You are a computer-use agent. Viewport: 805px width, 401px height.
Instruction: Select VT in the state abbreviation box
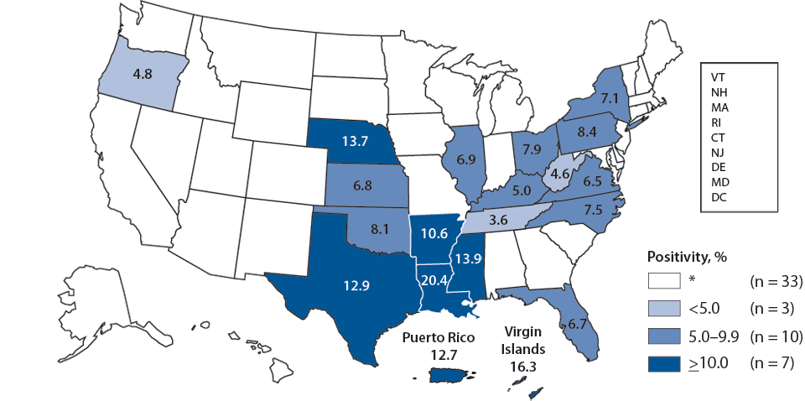coord(719,76)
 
